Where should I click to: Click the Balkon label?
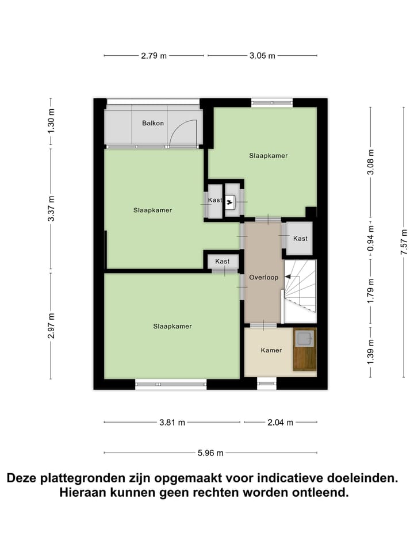[x=154, y=123]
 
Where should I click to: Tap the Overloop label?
[x=263, y=277]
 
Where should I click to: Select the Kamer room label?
[x=271, y=350]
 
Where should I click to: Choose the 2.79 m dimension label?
[x=154, y=56]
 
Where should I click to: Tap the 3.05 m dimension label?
[x=262, y=56]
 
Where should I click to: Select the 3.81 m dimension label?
[x=172, y=423]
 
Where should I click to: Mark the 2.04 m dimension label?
[x=280, y=423]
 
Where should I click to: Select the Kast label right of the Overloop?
[x=300, y=239]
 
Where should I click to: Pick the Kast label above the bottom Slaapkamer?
[x=223, y=262]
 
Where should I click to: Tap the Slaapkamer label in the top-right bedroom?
[x=269, y=155]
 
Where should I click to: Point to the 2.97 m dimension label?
[x=51, y=325]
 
